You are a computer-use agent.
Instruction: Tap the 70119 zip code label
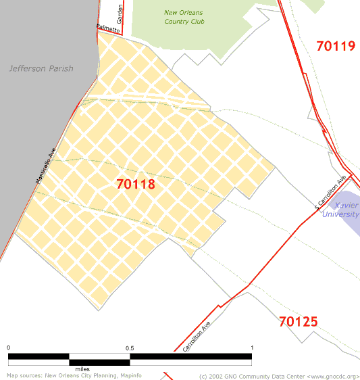click(336, 46)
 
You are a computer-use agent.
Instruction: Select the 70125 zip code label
click(298, 321)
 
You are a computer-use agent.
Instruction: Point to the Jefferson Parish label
click(41, 68)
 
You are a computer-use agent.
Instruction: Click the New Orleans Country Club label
click(184, 17)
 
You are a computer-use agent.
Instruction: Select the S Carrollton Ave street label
click(331, 192)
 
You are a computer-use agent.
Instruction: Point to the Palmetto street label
click(107, 28)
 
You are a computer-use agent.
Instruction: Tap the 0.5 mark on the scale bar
click(130, 348)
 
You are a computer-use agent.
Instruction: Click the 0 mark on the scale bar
click(9, 348)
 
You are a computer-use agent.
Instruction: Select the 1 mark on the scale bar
click(252, 348)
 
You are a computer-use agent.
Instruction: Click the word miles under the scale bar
click(82, 369)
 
